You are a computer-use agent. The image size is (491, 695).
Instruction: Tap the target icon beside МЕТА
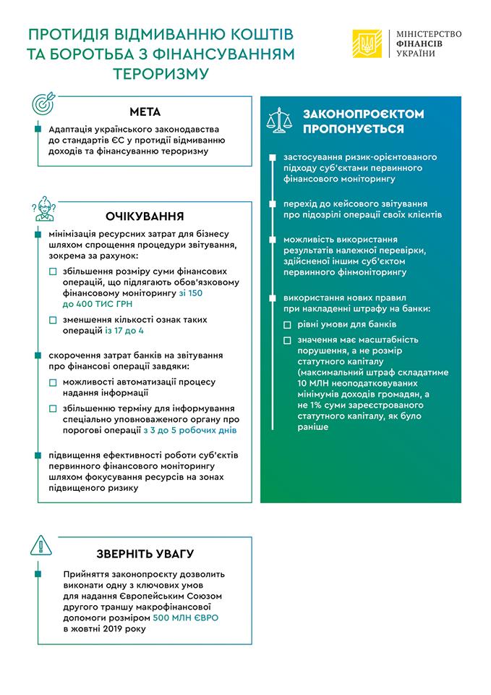44,104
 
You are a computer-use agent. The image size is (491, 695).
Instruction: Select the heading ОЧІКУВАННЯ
145,216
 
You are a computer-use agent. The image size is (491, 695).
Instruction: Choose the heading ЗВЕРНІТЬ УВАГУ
145,554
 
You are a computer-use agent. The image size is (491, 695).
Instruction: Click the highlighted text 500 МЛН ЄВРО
186,617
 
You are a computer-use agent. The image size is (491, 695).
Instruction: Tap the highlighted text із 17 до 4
124,330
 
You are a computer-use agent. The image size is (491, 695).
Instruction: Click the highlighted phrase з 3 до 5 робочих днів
190,430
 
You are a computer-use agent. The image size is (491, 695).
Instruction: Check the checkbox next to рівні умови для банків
287,324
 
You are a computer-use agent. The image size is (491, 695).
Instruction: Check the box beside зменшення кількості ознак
53,319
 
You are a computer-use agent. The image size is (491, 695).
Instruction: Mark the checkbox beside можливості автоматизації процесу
53,382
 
